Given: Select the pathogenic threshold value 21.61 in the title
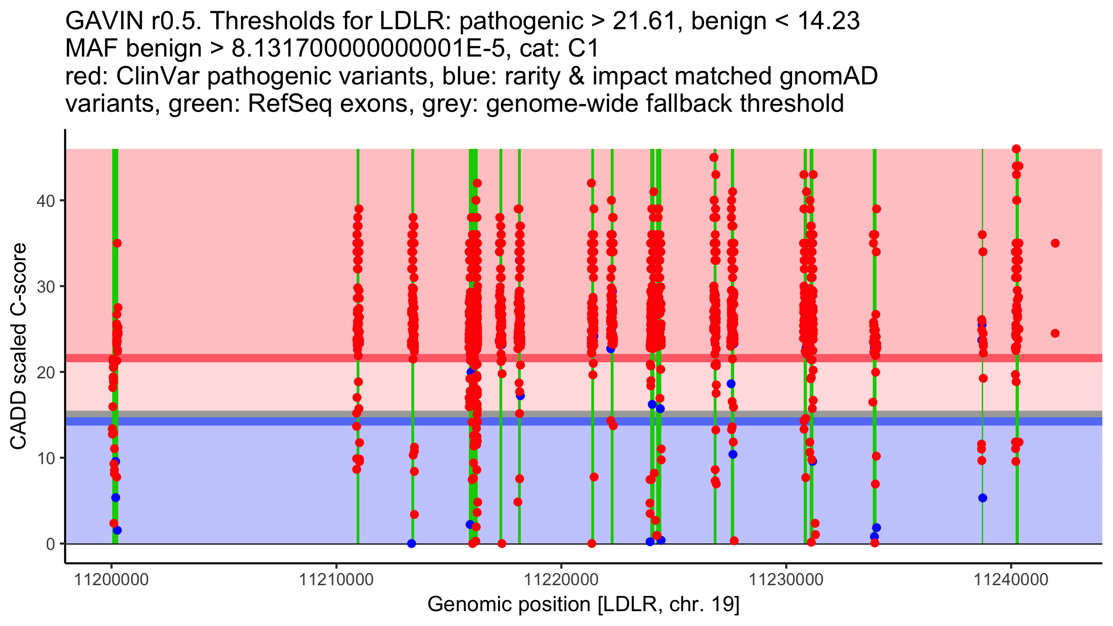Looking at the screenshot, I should coord(643,21).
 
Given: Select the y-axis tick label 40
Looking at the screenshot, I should coord(45,201).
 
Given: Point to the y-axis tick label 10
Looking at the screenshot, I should coord(45,458).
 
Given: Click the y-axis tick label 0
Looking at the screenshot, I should coord(51,544).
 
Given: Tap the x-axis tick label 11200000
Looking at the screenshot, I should coord(111,580).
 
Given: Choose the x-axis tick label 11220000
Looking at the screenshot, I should coord(561,580).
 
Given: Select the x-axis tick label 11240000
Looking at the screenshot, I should coord(1011,580).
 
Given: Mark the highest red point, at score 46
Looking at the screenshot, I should coord(1016,149).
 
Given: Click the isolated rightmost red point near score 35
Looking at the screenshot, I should coord(1055,243).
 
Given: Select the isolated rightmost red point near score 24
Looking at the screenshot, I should coord(1055,333).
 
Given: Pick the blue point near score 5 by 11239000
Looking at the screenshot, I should coord(983,498).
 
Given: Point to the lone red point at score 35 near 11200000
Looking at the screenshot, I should coord(117,243).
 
